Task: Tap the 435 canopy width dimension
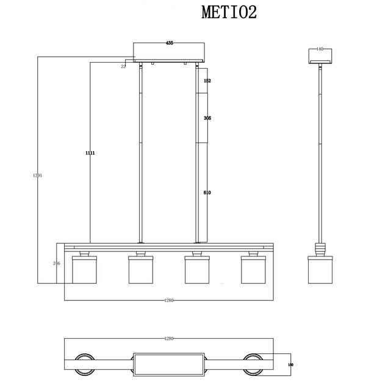pyautogui.click(x=170, y=43)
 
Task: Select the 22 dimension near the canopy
pyautogui.click(x=123, y=66)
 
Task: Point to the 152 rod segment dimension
pyautogui.click(x=207, y=81)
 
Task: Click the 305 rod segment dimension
pyautogui.click(x=207, y=119)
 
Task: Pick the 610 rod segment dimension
pyautogui.click(x=207, y=192)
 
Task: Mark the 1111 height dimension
pyautogui.click(x=90, y=153)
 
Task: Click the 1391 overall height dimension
pyautogui.click(x=38, y=175)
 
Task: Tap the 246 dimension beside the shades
pyautogui.click(x=57, y=263)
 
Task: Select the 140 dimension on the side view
pyautogui.click(x=319, y=49)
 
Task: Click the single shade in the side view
pyautogui.click(x=319, y=270)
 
